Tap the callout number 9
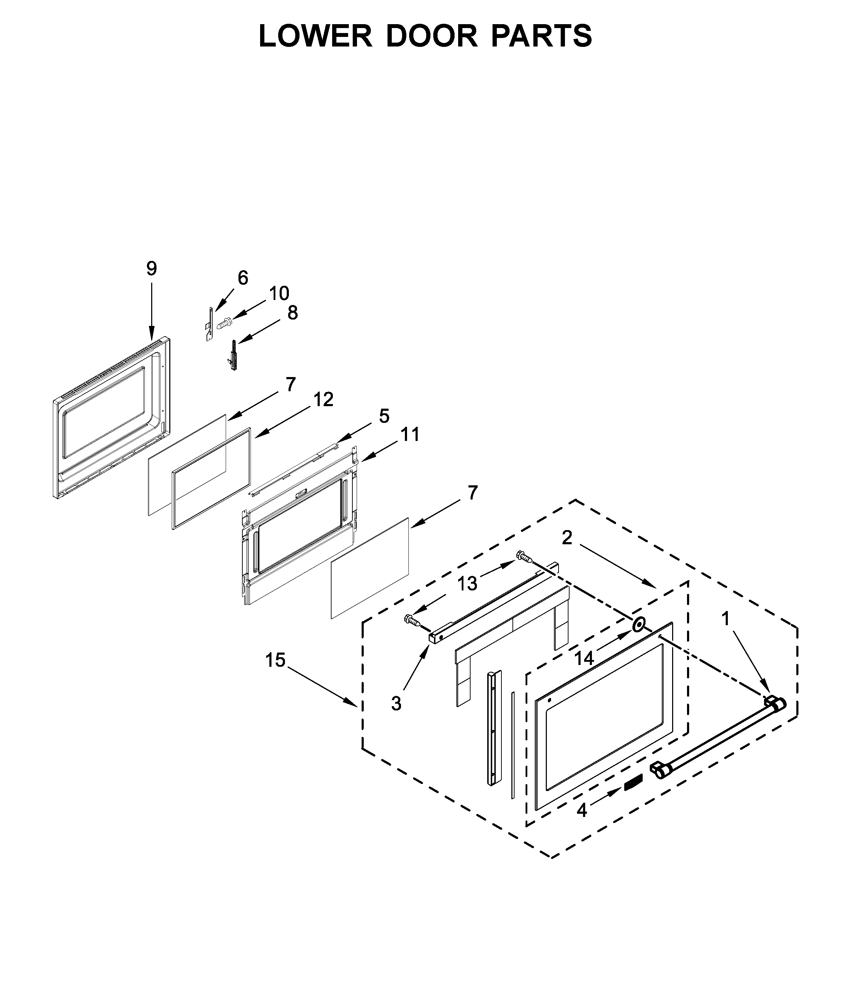(x=152, y=268)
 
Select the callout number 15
(x=275, y=660)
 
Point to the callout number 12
(x=324, y=399)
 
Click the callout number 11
(x=410, y=435)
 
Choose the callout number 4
(x=582, y=810)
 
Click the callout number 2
(x=567, y=538)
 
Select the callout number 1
(x=726, y=619)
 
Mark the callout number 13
(x=467, y=583)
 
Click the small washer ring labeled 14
(x=638, y=625)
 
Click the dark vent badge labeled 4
(x=633, y=783)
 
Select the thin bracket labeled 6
(x=209, y=324)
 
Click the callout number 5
(x=384, y=416)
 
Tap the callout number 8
(x=293, y=313)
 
